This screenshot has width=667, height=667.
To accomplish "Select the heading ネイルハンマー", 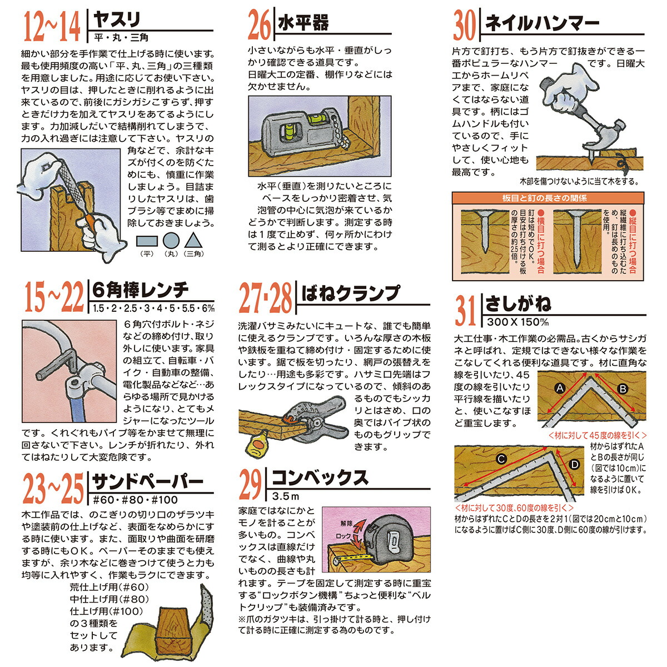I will [542, 23].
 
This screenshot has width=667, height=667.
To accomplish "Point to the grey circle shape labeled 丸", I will [171, 241].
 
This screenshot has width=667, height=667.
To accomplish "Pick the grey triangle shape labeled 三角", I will [192, 240].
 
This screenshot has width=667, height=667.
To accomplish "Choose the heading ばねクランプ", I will [350, 293].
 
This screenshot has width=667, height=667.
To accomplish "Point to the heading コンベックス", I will [320, 477].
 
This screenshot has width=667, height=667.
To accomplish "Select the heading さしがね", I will [518, 303].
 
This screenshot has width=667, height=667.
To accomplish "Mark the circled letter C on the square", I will [501, 459].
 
